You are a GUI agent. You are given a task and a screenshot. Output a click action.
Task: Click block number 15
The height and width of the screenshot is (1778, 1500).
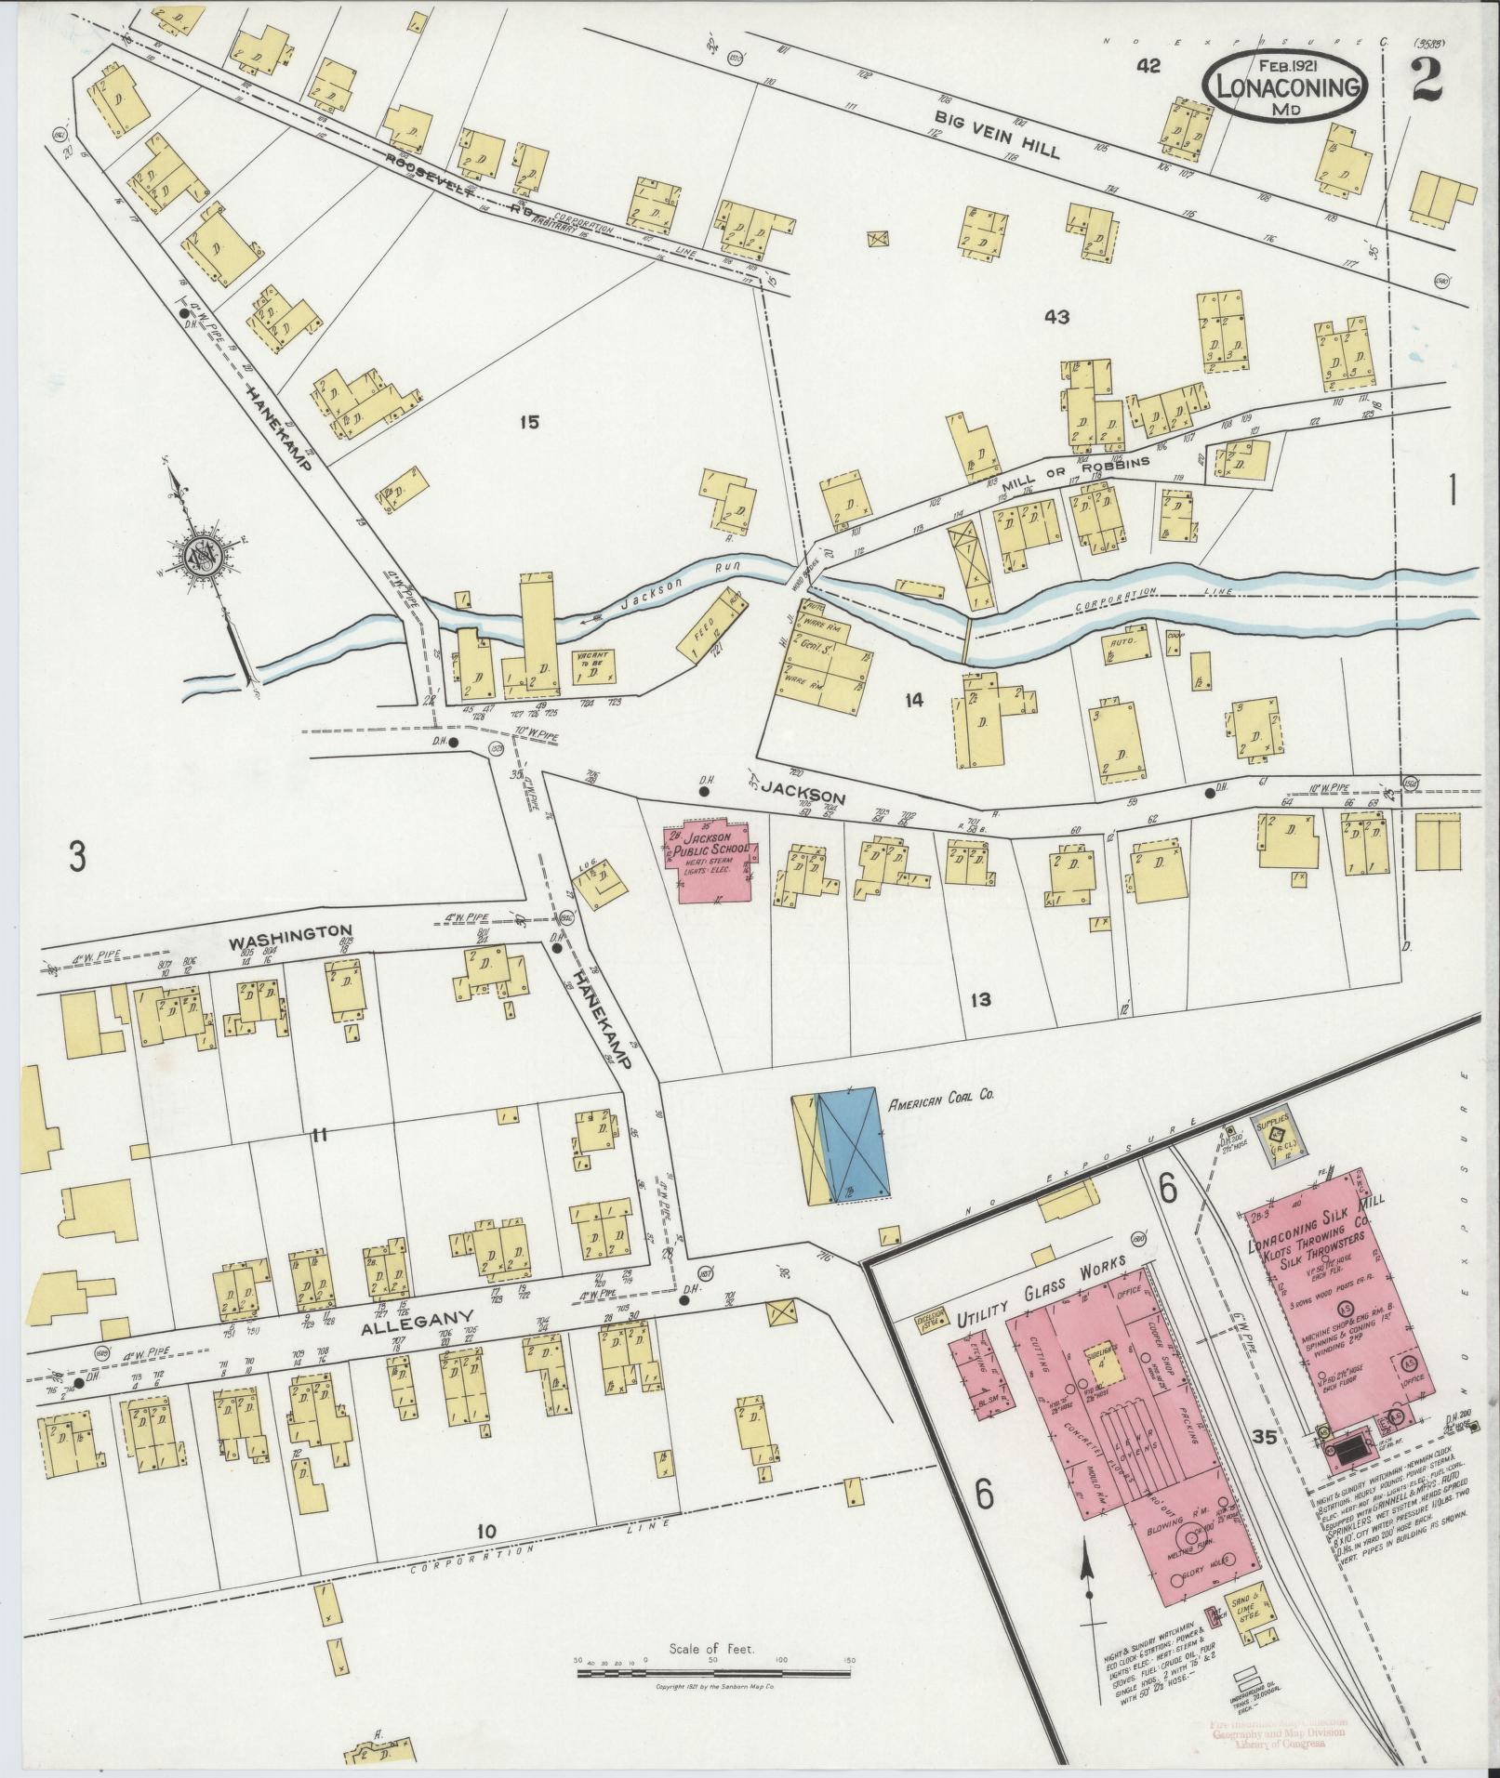529,423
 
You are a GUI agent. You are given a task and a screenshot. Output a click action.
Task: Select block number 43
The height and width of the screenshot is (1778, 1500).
1056,317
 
